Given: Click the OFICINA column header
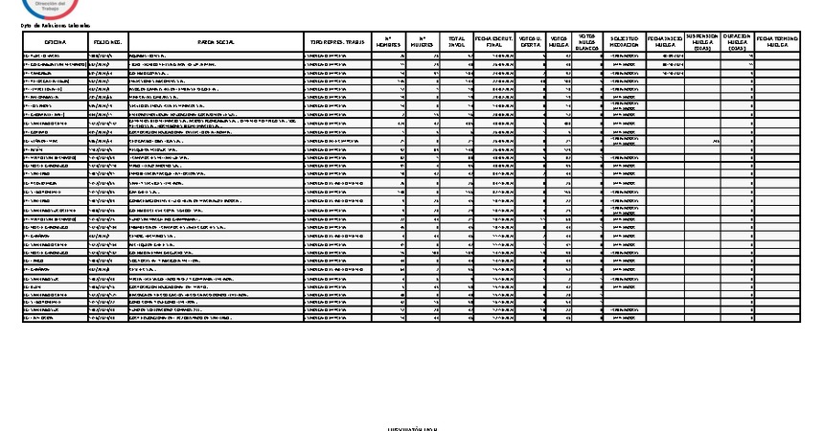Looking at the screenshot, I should [53, 43].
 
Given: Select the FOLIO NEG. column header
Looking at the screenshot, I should [106, 43].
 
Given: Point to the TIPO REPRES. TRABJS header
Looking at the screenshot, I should [334, 43].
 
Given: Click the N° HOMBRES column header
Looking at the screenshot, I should [387, 43].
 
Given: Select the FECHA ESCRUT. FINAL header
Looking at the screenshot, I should [494, 43].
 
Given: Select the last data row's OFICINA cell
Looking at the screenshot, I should [53, 318].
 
